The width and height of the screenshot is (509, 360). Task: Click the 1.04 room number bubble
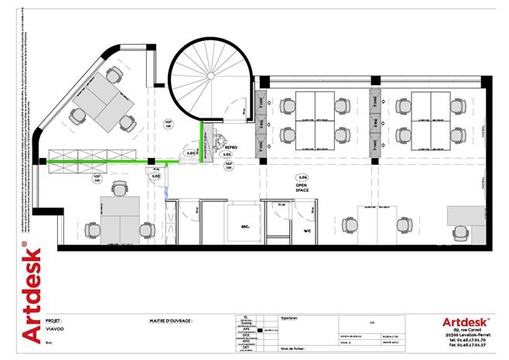coord(302,177)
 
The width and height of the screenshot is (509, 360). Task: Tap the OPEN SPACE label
coord(302,189)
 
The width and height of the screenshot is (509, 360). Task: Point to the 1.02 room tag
coord(191,153)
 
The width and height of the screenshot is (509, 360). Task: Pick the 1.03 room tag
coord(155,177)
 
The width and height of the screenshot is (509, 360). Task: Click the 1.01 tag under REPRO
coord(227,155)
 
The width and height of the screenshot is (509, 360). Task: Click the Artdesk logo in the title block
coord(465,321)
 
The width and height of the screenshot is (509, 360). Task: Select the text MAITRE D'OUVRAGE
coord(170,319)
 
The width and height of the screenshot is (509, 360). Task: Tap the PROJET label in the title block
coord(54,319)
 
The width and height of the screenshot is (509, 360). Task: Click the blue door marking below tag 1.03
coord(166,190)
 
